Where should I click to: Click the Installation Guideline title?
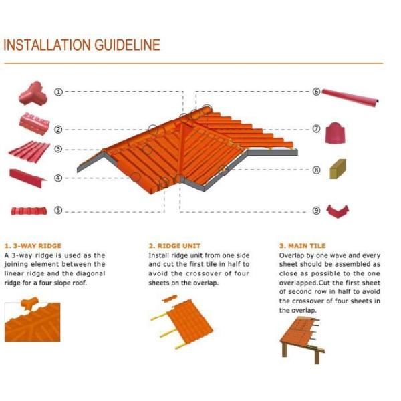point(82,45)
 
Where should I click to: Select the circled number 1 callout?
point(58,92)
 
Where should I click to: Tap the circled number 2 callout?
point(58,129)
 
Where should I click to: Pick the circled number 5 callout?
point(58,210)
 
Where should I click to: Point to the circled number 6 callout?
point(316,92)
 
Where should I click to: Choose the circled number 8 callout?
point(316,170)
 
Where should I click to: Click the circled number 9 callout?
point(316,210)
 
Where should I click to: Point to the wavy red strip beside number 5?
point(29,211)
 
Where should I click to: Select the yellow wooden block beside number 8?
point(338,169)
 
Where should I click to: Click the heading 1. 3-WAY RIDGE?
point(33,245)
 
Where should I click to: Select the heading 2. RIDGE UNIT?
point(174,245)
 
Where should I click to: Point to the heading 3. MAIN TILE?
point(302,245)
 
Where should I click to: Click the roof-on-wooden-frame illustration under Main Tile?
point(304,338)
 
